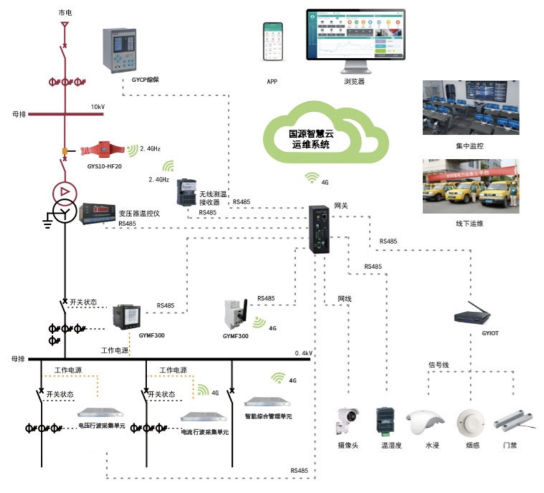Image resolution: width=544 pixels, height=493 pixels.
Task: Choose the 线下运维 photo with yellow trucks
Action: (x=469, y=186)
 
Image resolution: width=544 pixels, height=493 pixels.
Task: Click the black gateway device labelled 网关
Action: (x=323, y=229)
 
